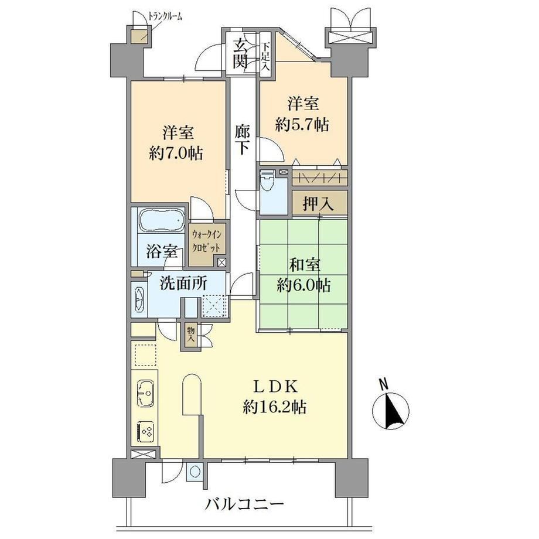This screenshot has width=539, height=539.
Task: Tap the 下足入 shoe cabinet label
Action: click(265, 57)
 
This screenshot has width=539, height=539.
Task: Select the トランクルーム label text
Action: click(165, 16)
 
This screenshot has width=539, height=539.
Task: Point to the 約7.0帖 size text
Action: click(176, 153)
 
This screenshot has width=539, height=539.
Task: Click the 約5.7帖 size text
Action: click(302, 125)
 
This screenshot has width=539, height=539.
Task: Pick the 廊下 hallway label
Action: click(243, 139)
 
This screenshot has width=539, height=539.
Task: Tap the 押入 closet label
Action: click(318, 204)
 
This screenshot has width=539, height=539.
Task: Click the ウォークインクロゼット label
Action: click(207, 241)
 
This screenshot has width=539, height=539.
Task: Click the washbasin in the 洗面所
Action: click(139, 299)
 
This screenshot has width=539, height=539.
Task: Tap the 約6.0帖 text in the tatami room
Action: click(304, 285)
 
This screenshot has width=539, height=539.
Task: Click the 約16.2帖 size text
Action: click(275, 408)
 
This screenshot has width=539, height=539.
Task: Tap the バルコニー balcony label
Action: click(245, 505)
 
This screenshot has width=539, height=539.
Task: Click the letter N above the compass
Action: click(383, 384)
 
